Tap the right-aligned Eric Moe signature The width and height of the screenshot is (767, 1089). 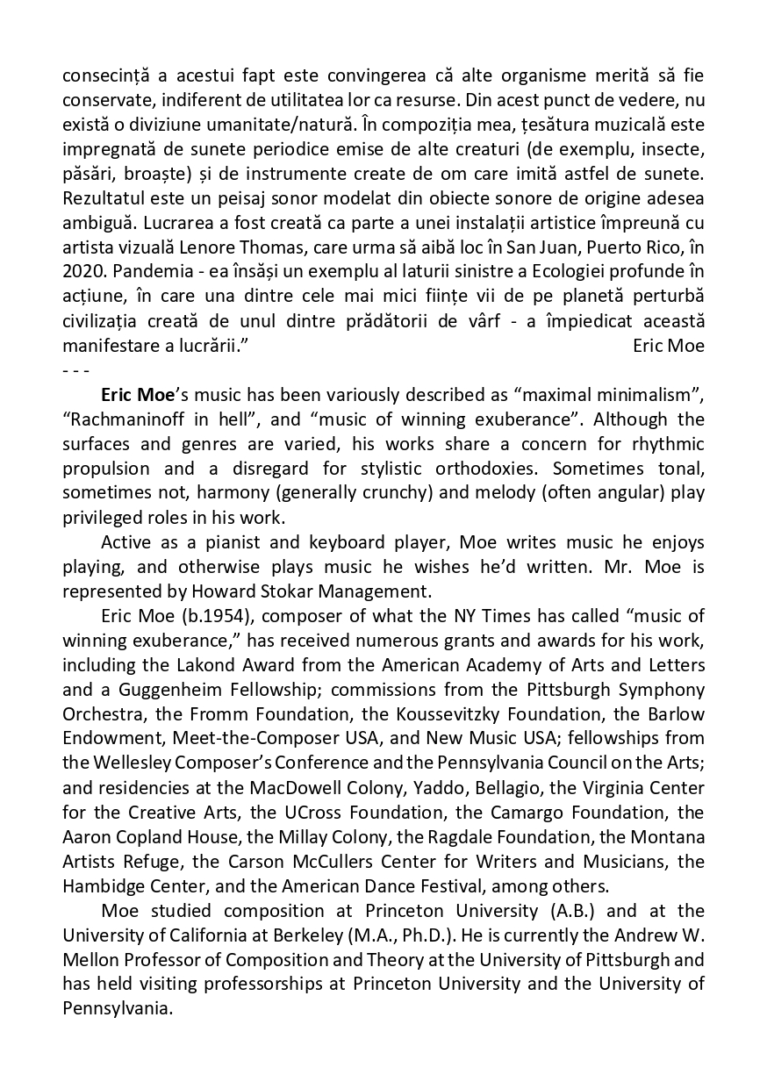(x=668, y=346)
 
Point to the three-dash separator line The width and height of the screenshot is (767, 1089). (x=75, y=369)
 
